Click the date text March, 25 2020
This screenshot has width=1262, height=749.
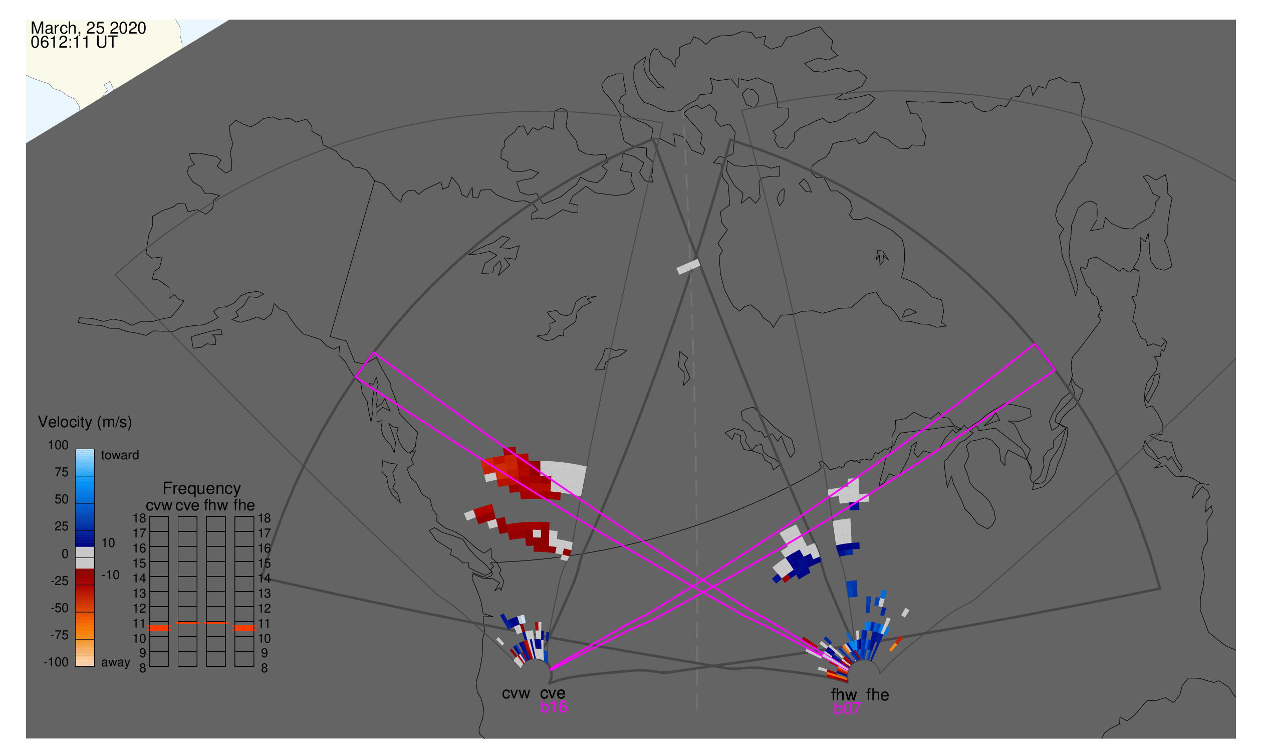[x=88, y=28]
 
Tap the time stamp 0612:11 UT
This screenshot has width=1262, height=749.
[x=74, y=43]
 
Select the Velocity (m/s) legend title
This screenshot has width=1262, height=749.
[x=85, y=423]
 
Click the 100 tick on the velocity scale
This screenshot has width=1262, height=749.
[x=58, y=445]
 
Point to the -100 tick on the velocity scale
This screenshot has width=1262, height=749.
[x=56, y=662]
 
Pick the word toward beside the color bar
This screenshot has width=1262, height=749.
[x=120, y=455]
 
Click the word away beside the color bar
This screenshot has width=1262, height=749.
[x=116, y=663]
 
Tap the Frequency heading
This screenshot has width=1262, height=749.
[x=202, y=489]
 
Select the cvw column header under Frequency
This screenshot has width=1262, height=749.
[x=159, y=506]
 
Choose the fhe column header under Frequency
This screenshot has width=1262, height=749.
[x=244, y=505]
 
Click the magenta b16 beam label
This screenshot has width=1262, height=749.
[x=554, y=707]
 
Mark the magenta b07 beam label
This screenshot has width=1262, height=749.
[x=847, y=708]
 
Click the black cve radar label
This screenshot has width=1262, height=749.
[x=553, y=693]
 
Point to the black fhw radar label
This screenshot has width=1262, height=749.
[x=844, y=695]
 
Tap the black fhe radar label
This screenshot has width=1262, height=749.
[x=878, y=695]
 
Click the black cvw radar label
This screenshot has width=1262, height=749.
[x=516, y=693]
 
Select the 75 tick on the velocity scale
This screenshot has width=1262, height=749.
[x=62, y=472]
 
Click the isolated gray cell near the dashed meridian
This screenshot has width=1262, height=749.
[x=688, y=267]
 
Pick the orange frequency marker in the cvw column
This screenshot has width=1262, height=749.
[x=159, y=628]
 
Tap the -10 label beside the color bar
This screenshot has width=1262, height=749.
[x=110, y=575]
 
